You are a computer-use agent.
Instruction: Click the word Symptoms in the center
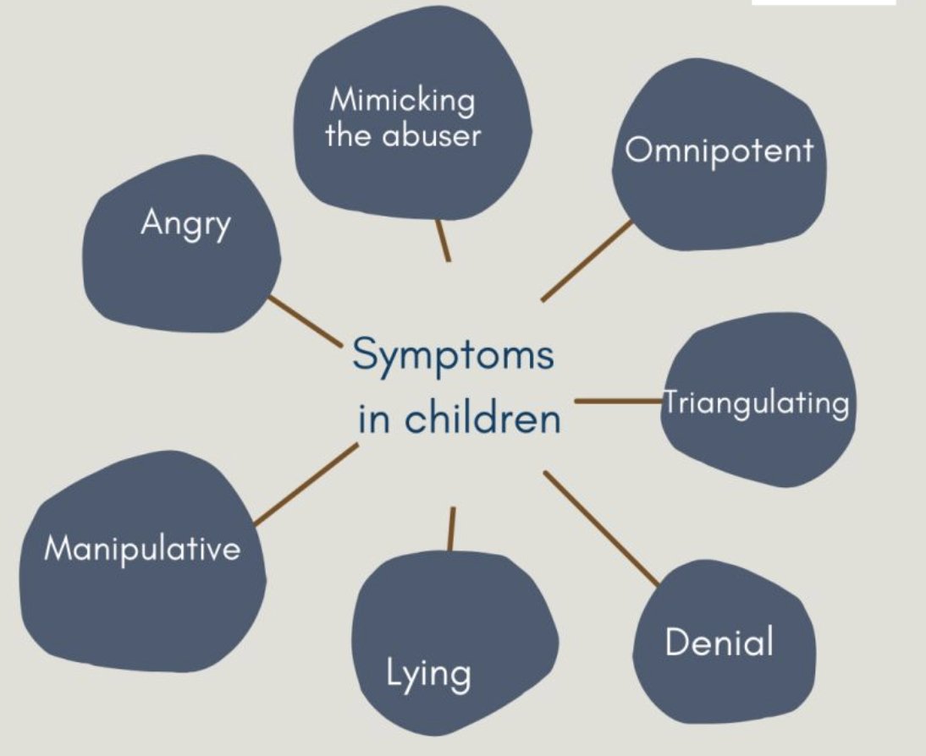453,356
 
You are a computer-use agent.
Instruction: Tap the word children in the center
482,418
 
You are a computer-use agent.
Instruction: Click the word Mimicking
402,101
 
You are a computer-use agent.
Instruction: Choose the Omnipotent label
719,150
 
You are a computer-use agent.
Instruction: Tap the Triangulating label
756,403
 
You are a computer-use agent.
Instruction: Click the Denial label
719,643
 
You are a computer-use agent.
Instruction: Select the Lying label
428,674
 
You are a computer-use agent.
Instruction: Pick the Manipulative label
142,550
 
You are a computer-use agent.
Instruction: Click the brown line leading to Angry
304,320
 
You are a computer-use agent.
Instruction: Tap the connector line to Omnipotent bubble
587,260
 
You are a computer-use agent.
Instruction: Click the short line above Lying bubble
451,529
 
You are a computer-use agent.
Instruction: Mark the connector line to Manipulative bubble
306,485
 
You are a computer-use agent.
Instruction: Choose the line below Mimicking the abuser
442,240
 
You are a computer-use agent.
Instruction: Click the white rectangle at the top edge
823,3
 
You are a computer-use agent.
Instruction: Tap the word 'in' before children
372,419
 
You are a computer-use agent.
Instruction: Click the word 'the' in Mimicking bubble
345,135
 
